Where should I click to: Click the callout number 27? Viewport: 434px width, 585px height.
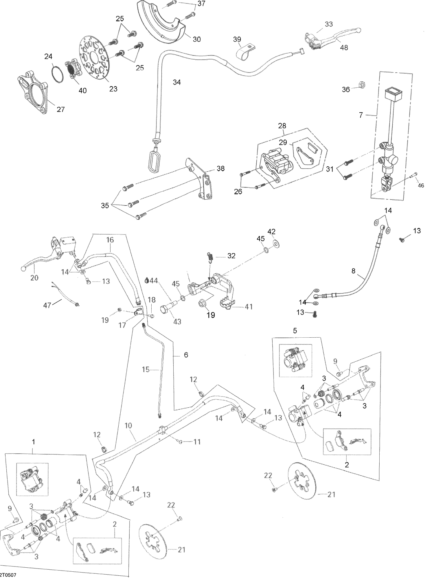coord(60,109)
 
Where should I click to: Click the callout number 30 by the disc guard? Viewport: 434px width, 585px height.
coord(196,39)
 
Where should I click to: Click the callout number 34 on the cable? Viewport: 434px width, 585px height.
coord(176,82)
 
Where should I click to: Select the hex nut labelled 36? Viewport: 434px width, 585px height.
coord(364,84)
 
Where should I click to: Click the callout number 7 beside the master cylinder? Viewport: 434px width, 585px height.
coord(361,115)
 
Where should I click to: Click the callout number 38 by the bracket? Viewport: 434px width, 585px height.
coord(220,169)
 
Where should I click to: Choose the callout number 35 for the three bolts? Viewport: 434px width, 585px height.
coord(105,205)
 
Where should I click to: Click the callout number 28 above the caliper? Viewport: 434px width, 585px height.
coord(282,126)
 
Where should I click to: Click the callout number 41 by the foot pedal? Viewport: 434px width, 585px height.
coord(249,307)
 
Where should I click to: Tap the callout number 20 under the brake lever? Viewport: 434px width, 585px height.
coord(34,278)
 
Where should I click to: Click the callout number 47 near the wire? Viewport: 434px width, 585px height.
coord(47,305)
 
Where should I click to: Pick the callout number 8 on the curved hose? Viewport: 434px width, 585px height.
coord(353,271)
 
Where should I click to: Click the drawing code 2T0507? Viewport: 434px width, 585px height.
coord(8,575)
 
